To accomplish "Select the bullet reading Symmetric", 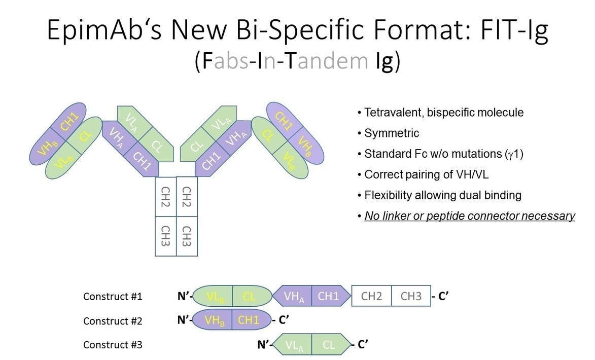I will [392, 133].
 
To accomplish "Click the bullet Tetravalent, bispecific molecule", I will [444, 113].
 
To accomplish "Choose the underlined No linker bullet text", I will [470, 216].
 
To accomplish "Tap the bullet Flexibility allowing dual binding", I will [443, 195].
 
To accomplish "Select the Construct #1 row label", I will [113, 297].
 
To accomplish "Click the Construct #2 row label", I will [113, 321].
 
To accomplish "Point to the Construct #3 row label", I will [113, 345].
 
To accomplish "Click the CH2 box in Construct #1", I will [371, 296].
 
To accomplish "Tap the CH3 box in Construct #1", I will [411, 296].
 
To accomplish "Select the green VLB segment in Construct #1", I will [213, 296].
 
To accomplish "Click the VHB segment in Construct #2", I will [214, 320].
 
